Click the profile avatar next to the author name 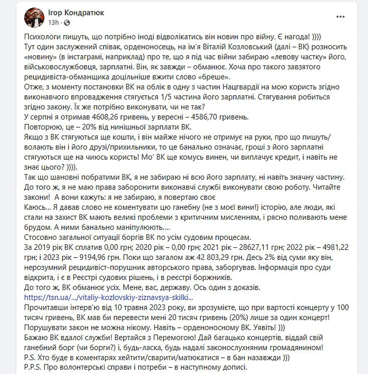[34, 17]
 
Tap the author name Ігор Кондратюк [76, 13]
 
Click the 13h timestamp [53, 23]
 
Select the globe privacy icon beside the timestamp [67, 23]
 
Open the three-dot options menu [340, 17]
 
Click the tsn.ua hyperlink [108, 298]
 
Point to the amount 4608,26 [106, 117]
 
